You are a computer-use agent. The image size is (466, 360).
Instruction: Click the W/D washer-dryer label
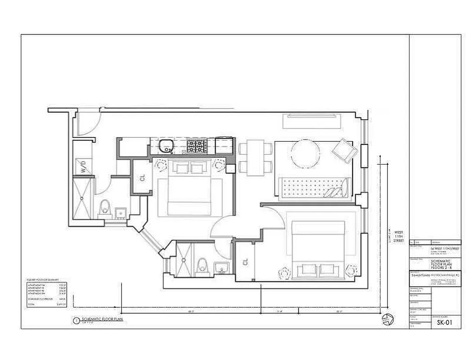point(84,168)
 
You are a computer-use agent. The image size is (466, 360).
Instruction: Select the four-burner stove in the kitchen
point(198,146)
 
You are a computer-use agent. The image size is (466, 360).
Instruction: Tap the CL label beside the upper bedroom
point(142,177)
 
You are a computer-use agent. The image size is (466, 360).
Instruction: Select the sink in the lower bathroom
point(221,269)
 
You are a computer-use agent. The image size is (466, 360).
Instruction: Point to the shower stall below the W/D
point(83,198)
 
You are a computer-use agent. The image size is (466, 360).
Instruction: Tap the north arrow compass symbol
point(387,319)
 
